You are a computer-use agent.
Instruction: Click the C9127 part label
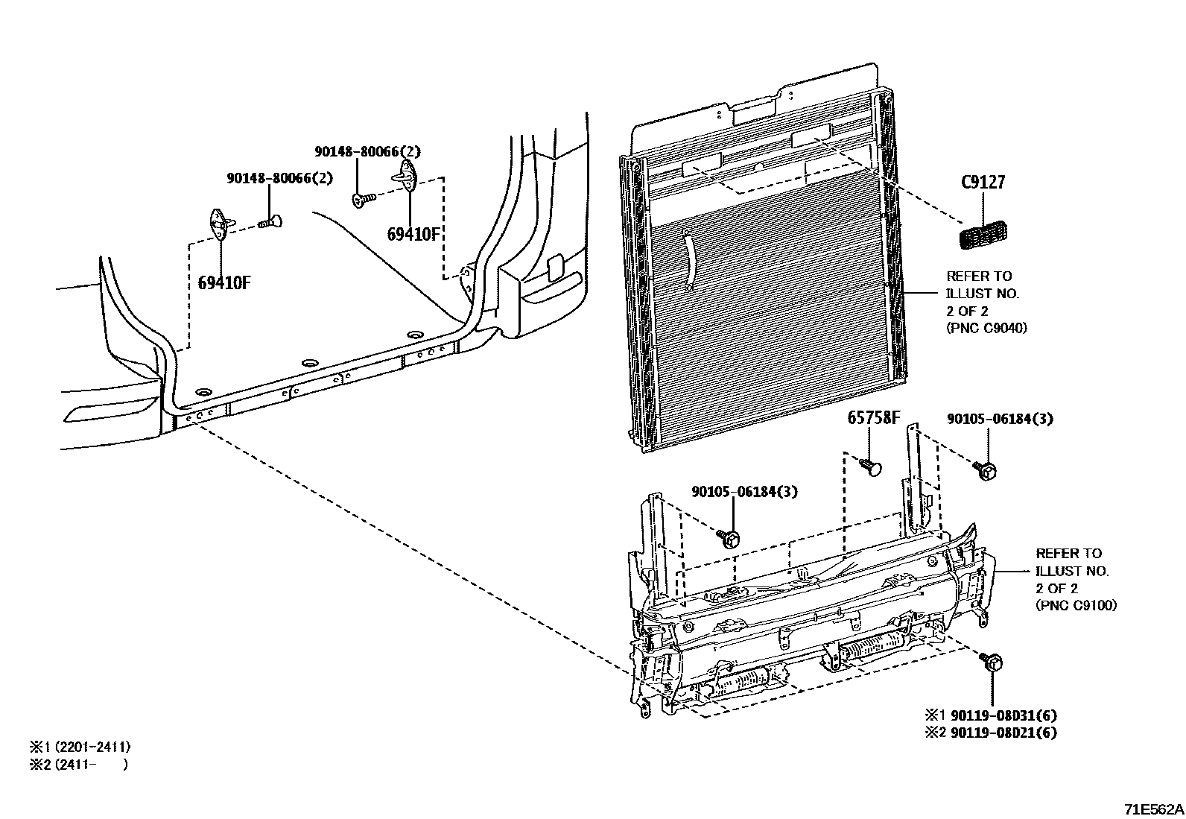pyautogui.click(x=983, y=183)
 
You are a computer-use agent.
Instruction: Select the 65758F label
pyautogui.click(x=873, y=417)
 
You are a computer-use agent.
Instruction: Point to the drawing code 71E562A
pyautogui.click(x=1153, y=809)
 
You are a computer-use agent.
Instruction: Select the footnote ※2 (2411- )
pyautogui.click(x=78, y=764)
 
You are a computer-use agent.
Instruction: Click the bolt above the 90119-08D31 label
pyautogui.click(x=994, y=662)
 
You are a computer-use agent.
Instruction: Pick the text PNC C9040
pyautogui.click(x=986, y=327)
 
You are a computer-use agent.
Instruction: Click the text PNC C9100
pyautogui.click(x=1076, y=605)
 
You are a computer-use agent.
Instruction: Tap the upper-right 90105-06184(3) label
pyautogui.click(x=1000, y=419)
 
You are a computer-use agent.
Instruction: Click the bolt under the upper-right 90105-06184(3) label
pyautogui.click(x=986, y=469)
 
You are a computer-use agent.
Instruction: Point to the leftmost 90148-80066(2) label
pyautogui.click(x=279, y=178)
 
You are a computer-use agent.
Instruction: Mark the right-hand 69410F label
pyautogui.click(x=414, y=234)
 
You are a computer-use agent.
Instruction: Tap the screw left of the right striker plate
pyautogui.click(x=364, y=199)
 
